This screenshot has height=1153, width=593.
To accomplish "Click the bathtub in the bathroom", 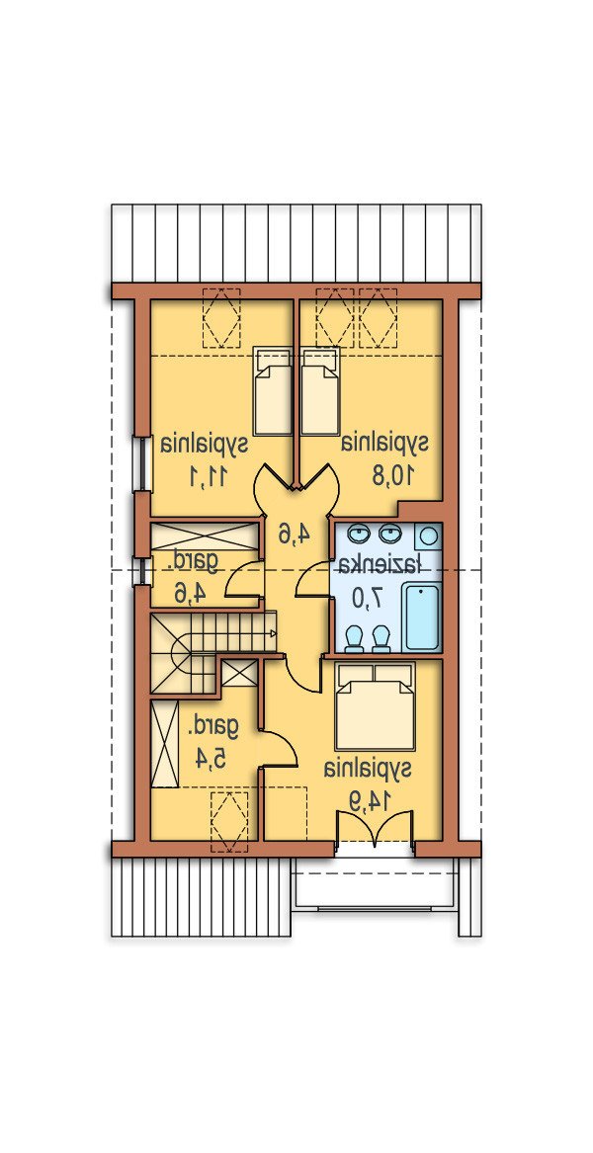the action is (x=422, y=616).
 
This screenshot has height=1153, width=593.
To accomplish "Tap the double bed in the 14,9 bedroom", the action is (x=376, y=705).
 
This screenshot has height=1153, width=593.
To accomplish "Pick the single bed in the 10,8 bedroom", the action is (x=321, y=390).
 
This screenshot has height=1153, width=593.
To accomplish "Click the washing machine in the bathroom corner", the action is (x=428, y=536).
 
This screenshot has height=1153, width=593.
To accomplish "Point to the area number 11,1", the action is (x=206, y=477).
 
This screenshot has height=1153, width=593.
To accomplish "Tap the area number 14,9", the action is (x=368, y=801).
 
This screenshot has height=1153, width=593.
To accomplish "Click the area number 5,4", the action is (x=210, y=758).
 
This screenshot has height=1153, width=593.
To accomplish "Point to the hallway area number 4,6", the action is (x=293, y=534).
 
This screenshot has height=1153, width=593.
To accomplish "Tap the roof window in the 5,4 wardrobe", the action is (x=230, y=822).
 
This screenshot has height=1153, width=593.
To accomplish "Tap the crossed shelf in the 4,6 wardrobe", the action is (x=205, y=535).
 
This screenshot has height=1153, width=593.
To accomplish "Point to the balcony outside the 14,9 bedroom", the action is (x=375, y=882).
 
